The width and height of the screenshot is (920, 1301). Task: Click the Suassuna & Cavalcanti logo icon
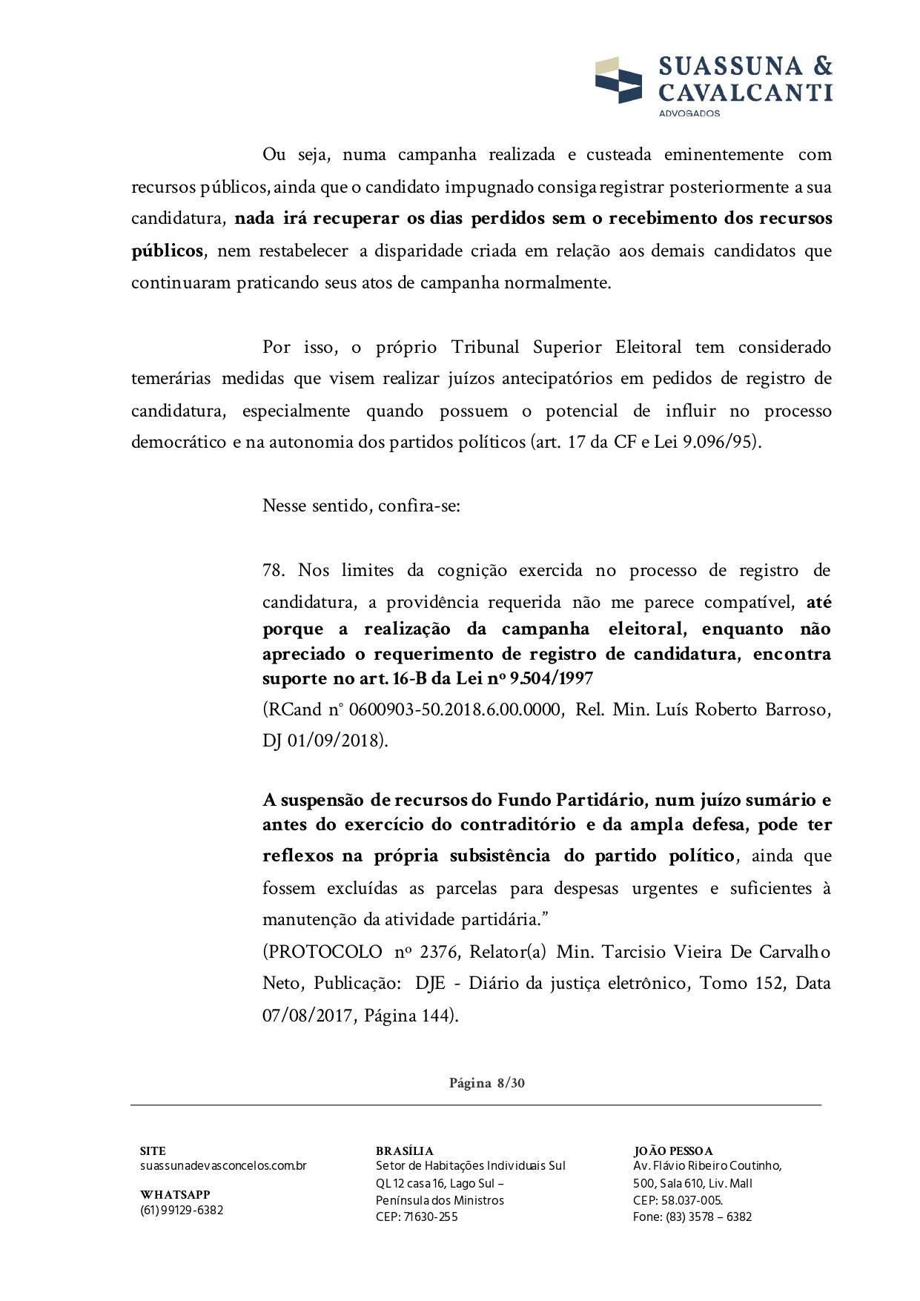618,80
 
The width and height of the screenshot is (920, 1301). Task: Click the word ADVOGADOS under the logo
689,113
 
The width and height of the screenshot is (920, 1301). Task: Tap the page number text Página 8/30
487,1083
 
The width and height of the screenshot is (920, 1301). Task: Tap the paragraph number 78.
274,570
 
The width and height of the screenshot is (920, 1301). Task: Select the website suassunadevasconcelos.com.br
223,1166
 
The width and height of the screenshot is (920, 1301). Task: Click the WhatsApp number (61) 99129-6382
182,1210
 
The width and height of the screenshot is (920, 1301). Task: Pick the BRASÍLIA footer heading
405,1151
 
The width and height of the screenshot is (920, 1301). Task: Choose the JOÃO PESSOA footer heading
673,1151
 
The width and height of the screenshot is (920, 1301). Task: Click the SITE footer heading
153,1151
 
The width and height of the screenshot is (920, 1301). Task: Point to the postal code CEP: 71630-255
417,1216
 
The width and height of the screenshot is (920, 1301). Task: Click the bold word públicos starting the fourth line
167,251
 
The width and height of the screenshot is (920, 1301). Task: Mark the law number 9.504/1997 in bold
551,678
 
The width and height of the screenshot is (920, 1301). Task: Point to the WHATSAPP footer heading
175,1194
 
